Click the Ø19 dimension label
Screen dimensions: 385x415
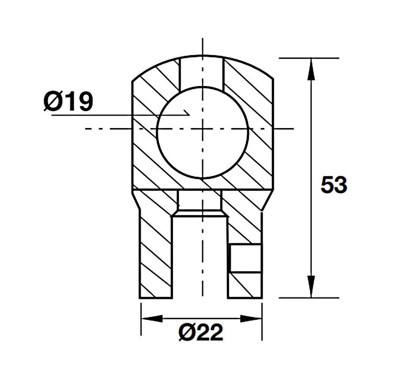pos(69,102)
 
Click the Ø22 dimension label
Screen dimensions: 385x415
pos(201,332)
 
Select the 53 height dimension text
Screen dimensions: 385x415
pos(334,185)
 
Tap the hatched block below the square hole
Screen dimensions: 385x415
pos(245,285)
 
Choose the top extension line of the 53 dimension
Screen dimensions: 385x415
pos(309,58)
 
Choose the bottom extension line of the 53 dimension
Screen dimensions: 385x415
pos(309,298)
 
